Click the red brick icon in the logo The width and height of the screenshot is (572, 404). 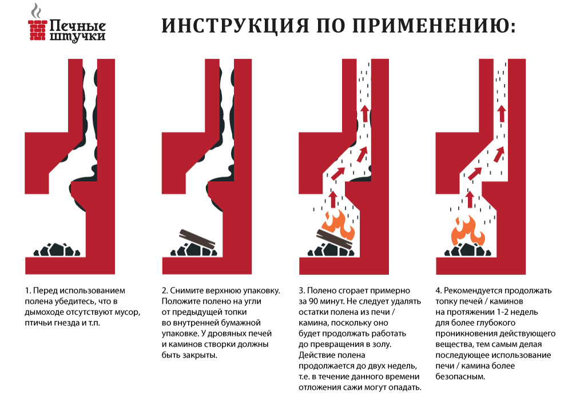(38, 30)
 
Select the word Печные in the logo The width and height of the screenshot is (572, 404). (77, 26)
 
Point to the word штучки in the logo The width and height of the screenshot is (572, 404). (77, 37)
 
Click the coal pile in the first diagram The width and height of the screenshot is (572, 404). (57, 250)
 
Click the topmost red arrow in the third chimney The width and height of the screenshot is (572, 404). (365, 114)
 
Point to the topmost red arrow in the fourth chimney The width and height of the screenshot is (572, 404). (502, 114)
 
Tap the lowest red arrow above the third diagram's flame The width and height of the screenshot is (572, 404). (333, 200)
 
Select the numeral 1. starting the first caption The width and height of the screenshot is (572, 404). (27, 291)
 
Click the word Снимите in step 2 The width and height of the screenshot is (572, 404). (187, 291)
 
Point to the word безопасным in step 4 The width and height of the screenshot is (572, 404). (460, 377)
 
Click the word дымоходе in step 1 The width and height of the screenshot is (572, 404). (42, 312)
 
